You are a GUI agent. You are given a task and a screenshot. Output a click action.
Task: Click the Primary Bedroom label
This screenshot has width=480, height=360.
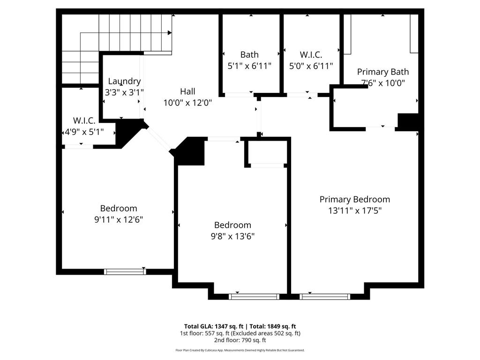pos(354,199)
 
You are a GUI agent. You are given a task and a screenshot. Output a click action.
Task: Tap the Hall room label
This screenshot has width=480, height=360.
pos(187,91)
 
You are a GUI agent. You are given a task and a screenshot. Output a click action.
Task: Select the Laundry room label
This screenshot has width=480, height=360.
pos(124,81)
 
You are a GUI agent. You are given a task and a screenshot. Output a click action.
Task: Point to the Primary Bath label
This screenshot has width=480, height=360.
pos(382,72)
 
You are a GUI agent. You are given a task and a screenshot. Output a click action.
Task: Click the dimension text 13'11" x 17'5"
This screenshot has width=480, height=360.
pos(354,210)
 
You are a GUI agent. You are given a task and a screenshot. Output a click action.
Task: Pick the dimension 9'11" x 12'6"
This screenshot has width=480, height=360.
pos(119,219)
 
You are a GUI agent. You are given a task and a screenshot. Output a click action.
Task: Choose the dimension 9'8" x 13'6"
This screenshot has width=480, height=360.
pos(232,236)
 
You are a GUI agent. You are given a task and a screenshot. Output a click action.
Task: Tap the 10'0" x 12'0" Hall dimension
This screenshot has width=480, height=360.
pos(187,103)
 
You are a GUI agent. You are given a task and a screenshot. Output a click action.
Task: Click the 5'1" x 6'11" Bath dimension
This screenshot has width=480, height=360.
pos(249,66)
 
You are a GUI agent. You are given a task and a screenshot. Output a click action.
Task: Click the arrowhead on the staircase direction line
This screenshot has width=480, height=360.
pos(170,32)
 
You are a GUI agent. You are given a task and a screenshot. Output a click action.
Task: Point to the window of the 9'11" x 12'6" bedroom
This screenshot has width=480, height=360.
pos(125,271)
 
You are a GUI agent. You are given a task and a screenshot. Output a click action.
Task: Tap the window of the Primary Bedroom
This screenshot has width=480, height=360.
pos(324,296)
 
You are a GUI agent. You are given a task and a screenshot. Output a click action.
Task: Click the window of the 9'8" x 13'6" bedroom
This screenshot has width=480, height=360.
pos(254,296)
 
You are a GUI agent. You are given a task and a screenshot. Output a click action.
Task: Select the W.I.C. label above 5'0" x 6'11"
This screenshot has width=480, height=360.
pos(311,55)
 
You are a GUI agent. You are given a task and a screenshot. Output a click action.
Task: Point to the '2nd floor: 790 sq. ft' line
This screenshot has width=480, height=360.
pos(240,340)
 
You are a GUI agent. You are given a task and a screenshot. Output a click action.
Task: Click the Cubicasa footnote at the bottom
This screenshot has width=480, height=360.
pos(240,350)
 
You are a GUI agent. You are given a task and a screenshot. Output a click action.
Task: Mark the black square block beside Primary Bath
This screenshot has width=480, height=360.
pos(407,121)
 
